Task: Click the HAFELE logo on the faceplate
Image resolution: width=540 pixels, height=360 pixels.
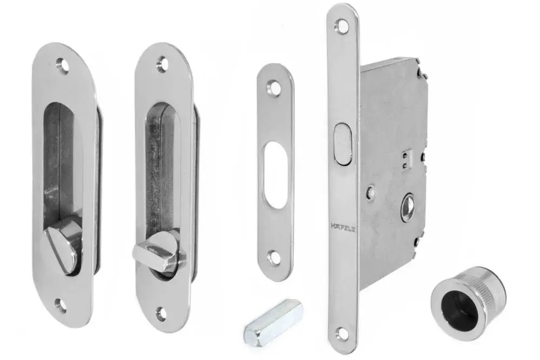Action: [343, 227]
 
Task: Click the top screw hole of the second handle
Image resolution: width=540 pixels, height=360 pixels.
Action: [162, 65]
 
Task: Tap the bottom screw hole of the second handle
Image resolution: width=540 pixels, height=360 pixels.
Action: [161, 313]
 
